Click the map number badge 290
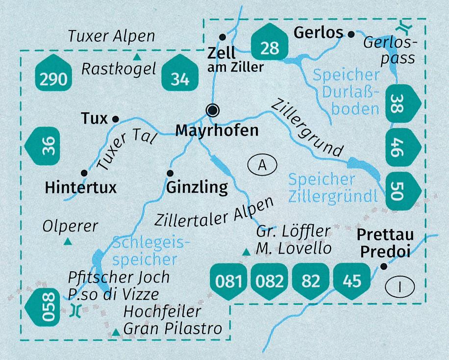54,77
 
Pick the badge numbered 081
228,280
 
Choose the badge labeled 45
351,280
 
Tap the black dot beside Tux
116,119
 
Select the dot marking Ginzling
170,173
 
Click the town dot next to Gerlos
351,34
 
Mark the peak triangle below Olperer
68,242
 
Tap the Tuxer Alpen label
111,36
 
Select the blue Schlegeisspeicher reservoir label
146,250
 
